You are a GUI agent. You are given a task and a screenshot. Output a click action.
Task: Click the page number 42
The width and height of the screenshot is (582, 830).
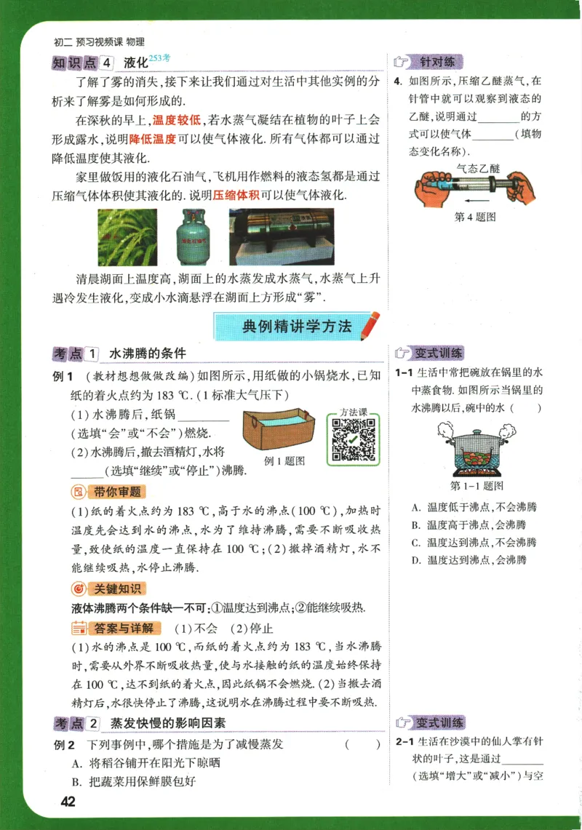pos(68,802)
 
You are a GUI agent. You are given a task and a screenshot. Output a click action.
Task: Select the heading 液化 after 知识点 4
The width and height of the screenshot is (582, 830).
pos(136,63)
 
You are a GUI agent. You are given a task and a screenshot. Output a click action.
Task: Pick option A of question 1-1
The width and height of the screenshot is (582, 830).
pos(473,507)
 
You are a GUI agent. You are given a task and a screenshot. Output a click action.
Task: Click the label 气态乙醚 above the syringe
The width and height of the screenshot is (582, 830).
pos(478,167)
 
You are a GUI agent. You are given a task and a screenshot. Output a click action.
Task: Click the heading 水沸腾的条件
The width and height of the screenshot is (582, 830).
pos(148,354)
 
